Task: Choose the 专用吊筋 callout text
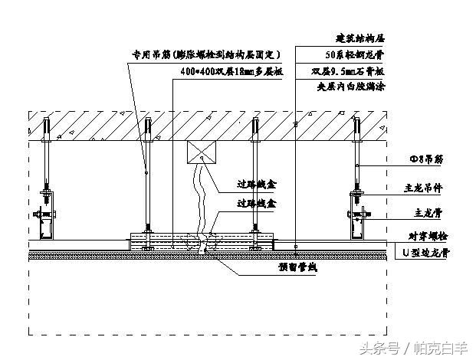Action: click(x=205, y=54)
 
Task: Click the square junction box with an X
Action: click(x=202, y=152)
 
